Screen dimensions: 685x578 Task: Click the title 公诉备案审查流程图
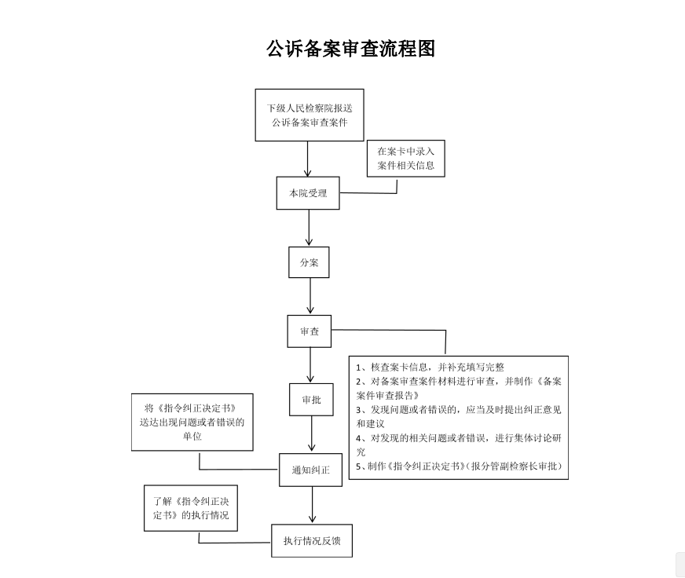(351, 49)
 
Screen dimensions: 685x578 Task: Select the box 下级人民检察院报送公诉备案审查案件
(310, 115)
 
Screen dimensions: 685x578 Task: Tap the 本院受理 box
(308, 193)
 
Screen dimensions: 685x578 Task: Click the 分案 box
(309, 262)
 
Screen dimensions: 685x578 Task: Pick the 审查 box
(310, 331)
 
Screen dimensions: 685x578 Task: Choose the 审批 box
(311, 399)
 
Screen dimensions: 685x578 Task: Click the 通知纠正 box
(310, 470)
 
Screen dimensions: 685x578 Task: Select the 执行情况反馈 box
(312, 541)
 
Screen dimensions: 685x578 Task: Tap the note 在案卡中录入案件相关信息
(406, 158)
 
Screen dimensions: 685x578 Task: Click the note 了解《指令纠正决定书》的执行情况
(191, 508)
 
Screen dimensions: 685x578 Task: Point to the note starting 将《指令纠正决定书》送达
(192, 422)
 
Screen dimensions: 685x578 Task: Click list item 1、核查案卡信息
(430, 368)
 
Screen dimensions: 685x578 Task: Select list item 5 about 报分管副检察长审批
(459, 466)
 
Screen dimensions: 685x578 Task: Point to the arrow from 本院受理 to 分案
(309, 228)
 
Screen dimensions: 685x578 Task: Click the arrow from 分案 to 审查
(310, 296)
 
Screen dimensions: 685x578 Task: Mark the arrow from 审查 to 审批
(310, 365)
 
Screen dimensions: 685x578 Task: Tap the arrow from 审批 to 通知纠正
(312, 433)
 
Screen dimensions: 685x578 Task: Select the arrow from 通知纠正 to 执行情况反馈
(313, 505)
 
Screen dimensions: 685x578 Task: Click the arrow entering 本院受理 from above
(308, 159)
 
